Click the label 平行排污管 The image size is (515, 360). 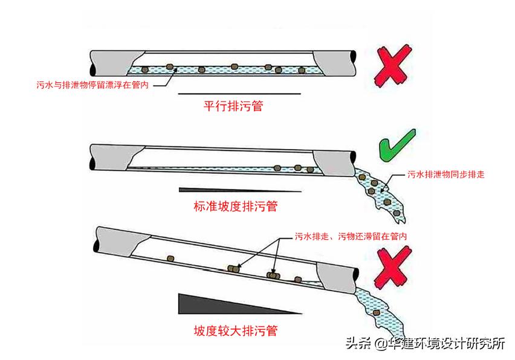(233, 107)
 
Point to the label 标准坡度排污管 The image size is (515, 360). (235, 206)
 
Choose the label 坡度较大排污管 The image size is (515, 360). (236, 330)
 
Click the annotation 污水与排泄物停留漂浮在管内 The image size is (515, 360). (92, 86)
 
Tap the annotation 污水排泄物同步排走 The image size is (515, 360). (446, 175)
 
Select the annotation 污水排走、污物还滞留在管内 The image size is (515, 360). (351, 236)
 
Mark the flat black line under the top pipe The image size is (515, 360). (239, 94)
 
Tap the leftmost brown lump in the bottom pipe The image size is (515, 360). (171, 258)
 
